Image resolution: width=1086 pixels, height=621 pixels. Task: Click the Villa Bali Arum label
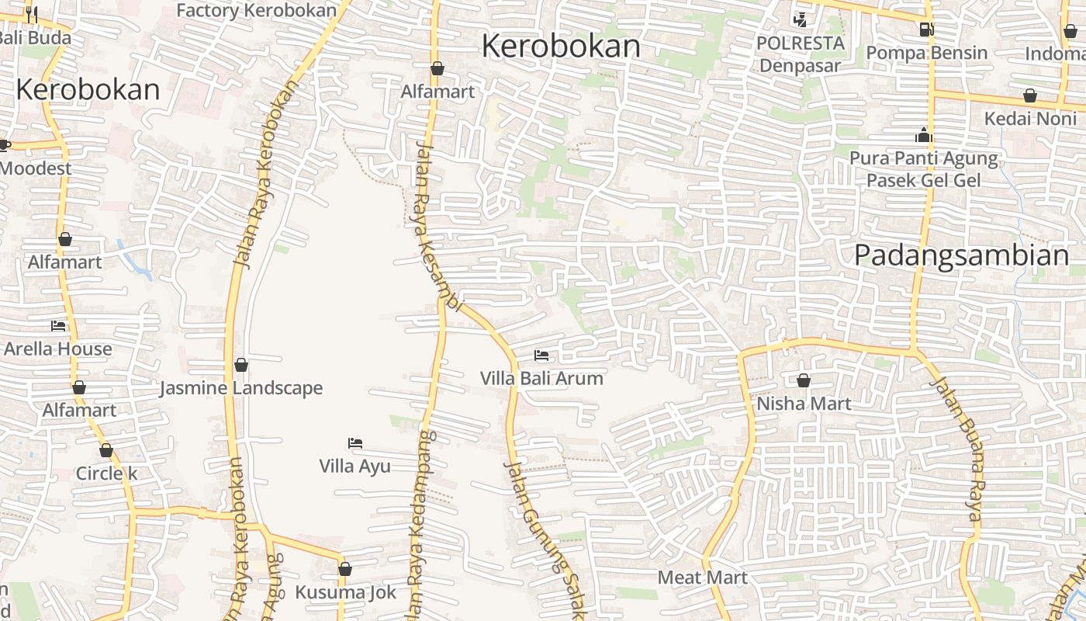pyautogui.click(x=541, y=379)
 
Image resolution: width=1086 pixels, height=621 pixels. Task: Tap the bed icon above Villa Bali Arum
pyautogui.click(x=541, y=356)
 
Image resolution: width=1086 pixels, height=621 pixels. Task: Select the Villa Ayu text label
pyautogui.click(x=355, y=466)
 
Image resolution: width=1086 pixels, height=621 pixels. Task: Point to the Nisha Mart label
pyautogui.click(x=804, y=404)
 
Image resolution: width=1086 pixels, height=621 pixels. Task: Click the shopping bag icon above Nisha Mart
pyautogui.click(x=804, y=380)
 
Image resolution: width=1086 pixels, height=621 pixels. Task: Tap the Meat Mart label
pyautogui.click(x=702, y=578)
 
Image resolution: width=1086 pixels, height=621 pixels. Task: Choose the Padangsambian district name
pyautogui.click(x=961, y=255)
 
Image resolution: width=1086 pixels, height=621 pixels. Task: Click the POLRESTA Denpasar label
pyautogui.click(x=800, y=54)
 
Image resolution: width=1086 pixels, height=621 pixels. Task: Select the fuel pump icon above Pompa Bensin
pyautogui.click(x=925, y=29)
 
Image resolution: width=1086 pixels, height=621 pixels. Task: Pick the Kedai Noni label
pyautogui.click(x=1030, y=119)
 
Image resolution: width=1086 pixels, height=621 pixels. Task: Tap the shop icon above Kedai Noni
pyautogui.click(x=1030, y=95)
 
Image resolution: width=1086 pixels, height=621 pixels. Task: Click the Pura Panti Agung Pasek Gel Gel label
pyautogui.click(x=923, y=169)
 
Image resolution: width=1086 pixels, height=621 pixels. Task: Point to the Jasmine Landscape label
pyautogui.click(x=240, y=388)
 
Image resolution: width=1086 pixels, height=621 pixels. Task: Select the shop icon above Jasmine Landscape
pyautogui.click(x=241, y=364)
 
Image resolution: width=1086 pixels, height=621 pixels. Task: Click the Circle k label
pyautogui.click(x=106, y=474)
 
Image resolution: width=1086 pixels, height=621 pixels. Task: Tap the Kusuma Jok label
pyautogui.click(x=345, y=592)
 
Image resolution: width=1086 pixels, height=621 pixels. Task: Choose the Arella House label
pyautogui.click(x=58, y=349)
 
